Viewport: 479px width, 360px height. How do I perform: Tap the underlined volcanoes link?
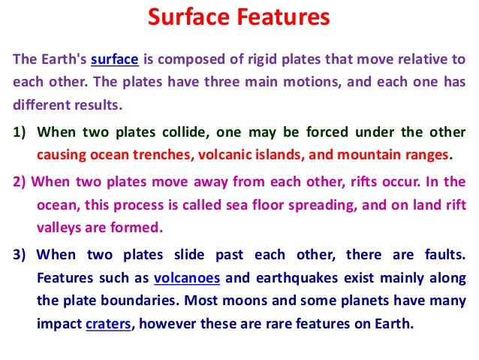pos(186,277)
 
